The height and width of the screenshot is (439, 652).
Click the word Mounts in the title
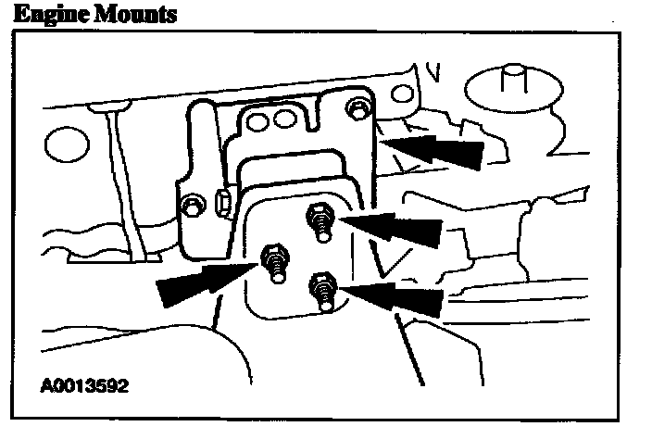pos(140,14)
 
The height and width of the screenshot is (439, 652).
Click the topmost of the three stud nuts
pos(317,219)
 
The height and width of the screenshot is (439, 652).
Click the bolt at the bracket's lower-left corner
pos(192,204)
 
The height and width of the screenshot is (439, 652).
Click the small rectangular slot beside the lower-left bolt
pos(221,201)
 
